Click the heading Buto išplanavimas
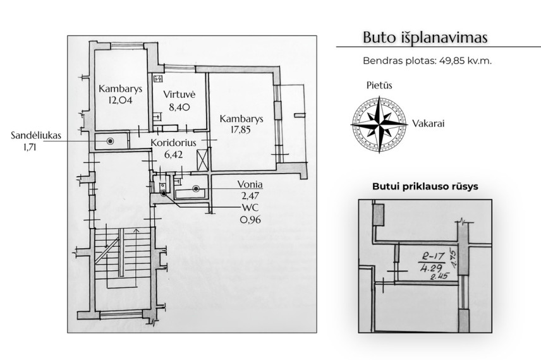425,37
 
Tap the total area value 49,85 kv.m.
465,61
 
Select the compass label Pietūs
379,85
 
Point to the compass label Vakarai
428,123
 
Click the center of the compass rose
379,124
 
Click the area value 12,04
121,100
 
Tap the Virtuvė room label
179,94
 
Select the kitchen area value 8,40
179,107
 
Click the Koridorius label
174,142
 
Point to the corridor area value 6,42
174,155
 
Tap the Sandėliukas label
36,135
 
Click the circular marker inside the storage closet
110,141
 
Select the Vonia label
250,184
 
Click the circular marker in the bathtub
196,189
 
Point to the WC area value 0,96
250,219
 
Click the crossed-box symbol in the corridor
202,160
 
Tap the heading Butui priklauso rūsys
425,186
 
